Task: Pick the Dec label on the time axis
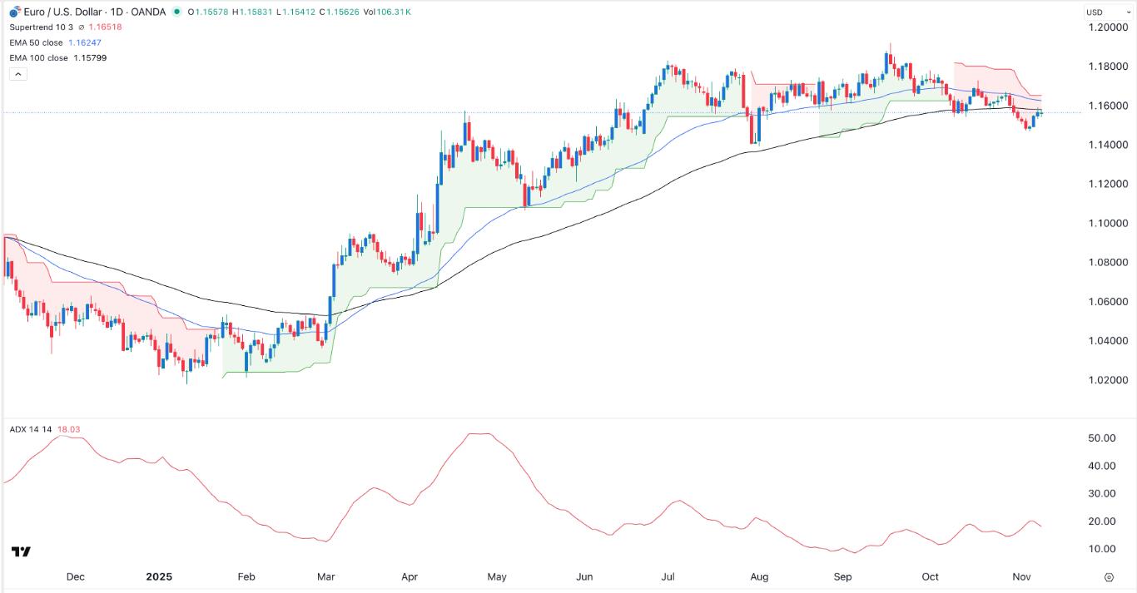(75, 576)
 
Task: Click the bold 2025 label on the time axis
(158, 576)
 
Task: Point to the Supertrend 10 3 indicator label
(42, 27)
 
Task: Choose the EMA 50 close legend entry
(36, 42)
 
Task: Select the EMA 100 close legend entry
(38, 57)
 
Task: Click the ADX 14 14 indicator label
(30, 429)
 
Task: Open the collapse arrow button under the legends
(18, 74)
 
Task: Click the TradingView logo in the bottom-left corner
(21, 552)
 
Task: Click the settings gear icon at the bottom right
(1109, 576)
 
